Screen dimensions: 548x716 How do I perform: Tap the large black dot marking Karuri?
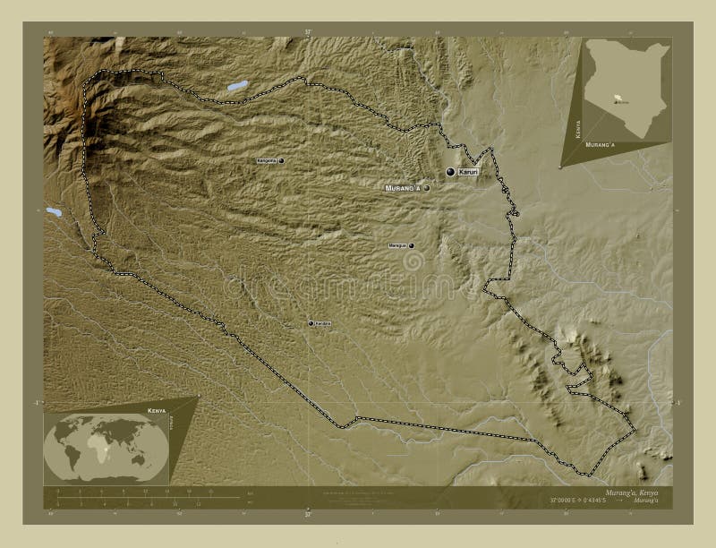click(x=451, y=171)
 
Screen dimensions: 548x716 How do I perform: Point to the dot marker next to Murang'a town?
click(x=427, y=188)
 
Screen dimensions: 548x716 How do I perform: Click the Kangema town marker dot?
click(x=281, y=161)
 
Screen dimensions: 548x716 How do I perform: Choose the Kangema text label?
click(x=266, y=161)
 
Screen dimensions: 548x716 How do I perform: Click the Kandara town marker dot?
click(x=311, y=323)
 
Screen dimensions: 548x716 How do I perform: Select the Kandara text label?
click(x=324, y=323)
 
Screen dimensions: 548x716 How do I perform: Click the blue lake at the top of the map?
click(x=237, y=87)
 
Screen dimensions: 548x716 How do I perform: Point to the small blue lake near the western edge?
click(x=54, y=213)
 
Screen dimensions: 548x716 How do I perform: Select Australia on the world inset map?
click(x=141, y=460)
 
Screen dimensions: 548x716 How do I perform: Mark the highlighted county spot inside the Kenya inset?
click(x=617, y=101)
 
